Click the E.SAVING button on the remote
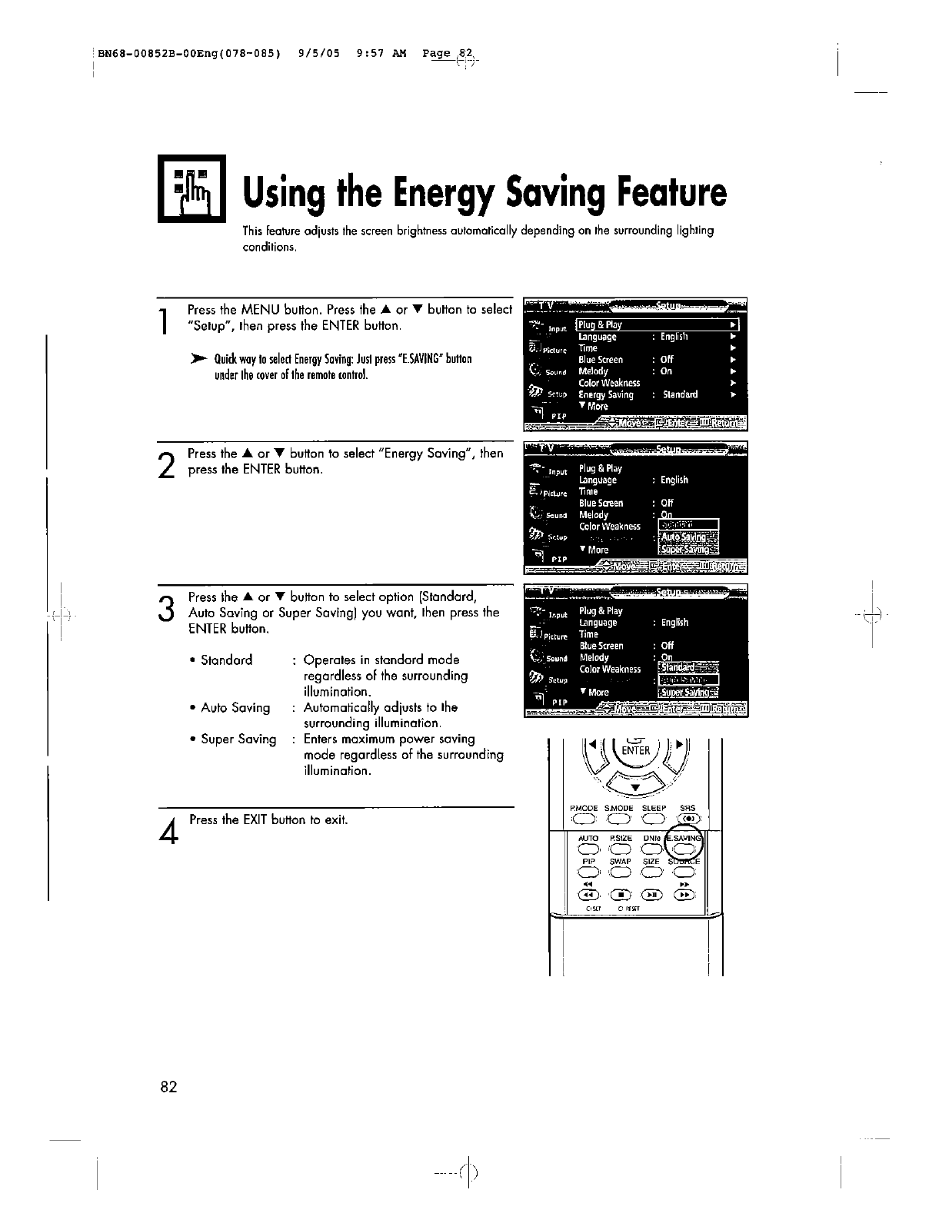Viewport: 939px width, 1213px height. (685, 849)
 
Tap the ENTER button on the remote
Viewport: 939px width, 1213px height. (636, 750)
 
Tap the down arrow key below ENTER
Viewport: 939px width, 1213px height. (635, 786)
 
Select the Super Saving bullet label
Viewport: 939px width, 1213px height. (238, 739)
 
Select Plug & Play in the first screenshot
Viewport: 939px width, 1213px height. (601, 324)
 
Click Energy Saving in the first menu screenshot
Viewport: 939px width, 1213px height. (606, 394)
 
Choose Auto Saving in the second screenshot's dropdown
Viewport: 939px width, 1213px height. (686, 537)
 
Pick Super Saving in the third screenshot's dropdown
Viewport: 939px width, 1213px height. (686, 692)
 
